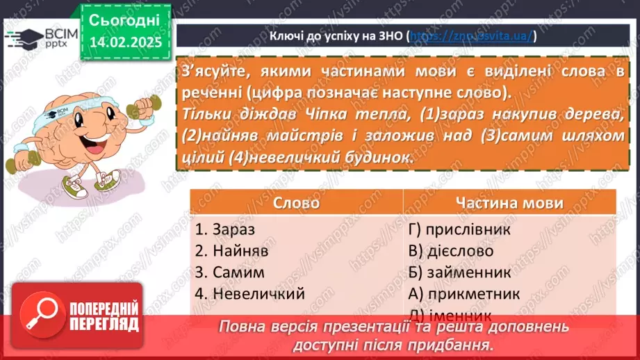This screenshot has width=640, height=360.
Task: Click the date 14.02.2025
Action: click(125, 42)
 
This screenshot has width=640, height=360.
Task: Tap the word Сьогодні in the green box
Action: click(125, 19)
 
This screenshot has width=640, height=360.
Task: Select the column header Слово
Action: click(296, 203)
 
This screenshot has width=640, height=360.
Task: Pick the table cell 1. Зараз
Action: click(225, 228)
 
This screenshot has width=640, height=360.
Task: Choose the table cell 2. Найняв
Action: click(231, 250)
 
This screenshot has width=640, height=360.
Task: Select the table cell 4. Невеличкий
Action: click(250, 293)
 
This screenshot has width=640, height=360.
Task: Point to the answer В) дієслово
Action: click(452, 250)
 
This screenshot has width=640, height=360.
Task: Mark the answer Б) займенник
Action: click(461, 272)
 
